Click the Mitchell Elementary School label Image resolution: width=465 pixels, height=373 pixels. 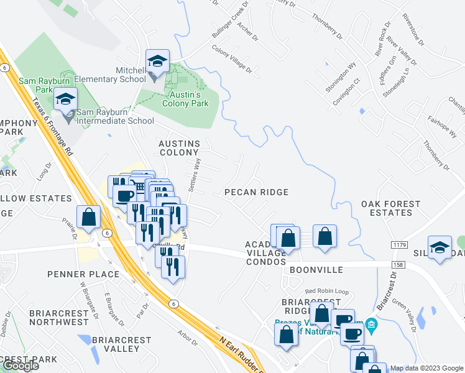click(x=131, y=75)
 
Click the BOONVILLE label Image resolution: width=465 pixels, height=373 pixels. click(x=316, y=270)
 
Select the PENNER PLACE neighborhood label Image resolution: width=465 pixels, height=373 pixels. click(x=91, y=274)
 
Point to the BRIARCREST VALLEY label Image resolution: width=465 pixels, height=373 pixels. click(x=121, y=344)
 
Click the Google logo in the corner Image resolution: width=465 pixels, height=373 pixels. click(x=20, y=366)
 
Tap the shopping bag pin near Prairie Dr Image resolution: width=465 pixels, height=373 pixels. click(x=89, y=217)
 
